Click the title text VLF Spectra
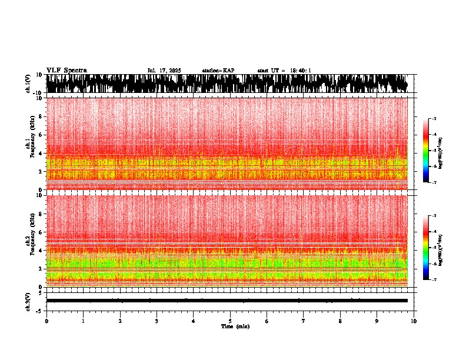66,70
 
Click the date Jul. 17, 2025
164,71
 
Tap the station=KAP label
218,71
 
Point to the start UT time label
284,71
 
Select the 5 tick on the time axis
230,321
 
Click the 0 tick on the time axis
46,321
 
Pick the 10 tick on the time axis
414,321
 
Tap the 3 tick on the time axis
157,321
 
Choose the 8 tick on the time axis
340,321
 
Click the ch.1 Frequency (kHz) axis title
30,144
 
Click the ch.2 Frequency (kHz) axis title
30,241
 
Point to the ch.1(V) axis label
28,84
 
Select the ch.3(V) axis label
28,301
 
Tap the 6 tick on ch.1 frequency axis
41,135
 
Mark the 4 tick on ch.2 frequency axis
41,250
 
